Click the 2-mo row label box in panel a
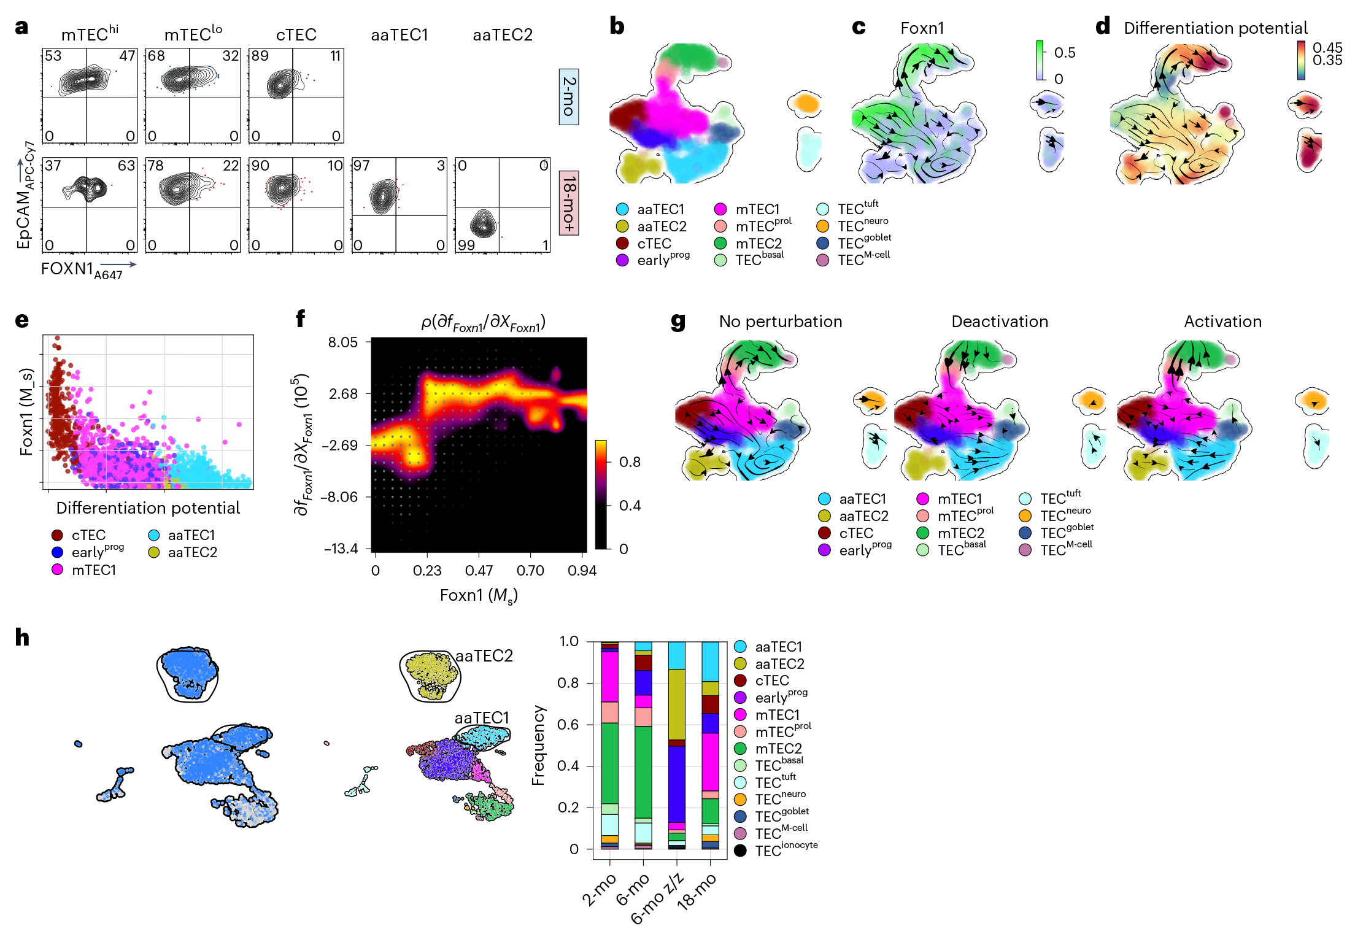tap(569, 97)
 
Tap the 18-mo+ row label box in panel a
tap(569, 203)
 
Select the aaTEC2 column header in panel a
tap(503, 35)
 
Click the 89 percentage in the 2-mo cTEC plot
tap(260, 56)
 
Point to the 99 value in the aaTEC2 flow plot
tap(466, 245)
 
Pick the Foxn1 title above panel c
tap(922, 28)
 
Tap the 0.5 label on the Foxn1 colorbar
tap(1065, 53)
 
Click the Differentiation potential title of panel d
tap(1215, 28)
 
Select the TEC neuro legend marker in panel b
tap(823, 226)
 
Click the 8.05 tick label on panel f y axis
tap(342, 342)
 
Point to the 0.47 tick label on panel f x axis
tap(479, 571)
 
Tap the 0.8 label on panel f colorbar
tap(630, 462)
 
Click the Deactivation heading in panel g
tap(1000, 322)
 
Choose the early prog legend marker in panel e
tap(58, 552)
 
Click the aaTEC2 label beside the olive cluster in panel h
tap(484, 656)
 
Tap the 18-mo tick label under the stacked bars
tap(698, 890)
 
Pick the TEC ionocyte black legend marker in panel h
tap(741, 851)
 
